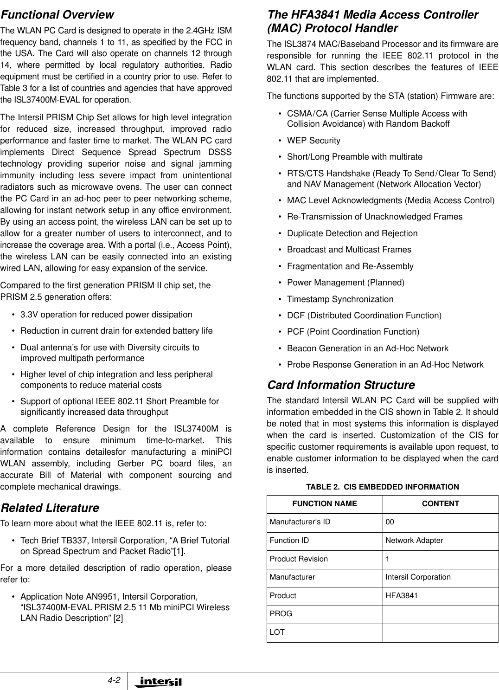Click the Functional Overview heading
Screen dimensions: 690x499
pos(57,15)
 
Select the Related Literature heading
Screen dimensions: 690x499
pos(50,508)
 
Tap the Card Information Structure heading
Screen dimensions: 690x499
pos(341,385)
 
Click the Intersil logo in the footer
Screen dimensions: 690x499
pos(158,682)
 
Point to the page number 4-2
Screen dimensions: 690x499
pos(113,680)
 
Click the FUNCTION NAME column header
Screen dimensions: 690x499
pos(324,504)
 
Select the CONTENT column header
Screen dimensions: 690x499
pos(440,504)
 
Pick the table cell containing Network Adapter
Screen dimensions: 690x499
pos(414,541)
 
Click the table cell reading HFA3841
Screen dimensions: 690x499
pos(402,595)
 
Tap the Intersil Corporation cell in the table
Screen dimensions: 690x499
pos(418,577)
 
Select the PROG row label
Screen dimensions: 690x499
pos(281,614)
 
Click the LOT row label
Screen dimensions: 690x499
pos(277,632)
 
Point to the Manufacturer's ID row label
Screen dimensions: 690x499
pos(300,522)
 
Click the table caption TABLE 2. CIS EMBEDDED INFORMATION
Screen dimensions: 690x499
pos(382,487)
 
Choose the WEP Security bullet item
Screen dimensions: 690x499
pos(313,141)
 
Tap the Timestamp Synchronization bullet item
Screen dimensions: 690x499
pos(340,299)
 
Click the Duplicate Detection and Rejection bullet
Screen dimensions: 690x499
pos(352,233)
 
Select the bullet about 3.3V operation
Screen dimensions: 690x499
pos(106,315)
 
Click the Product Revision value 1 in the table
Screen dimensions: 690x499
pos(388,559)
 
